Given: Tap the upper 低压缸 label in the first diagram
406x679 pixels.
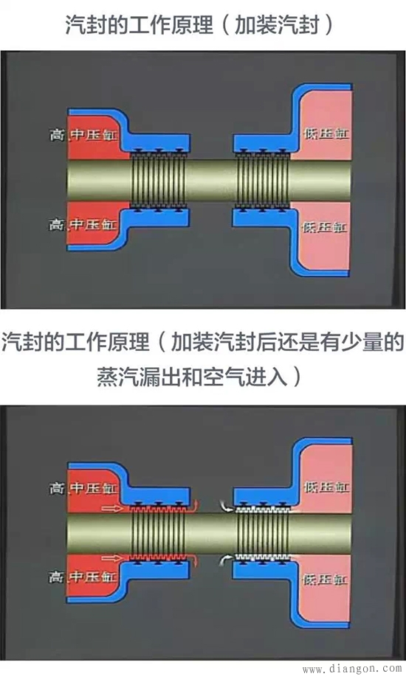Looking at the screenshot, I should pos(322,134).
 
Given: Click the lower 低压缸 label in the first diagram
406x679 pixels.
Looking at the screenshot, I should pos(322,226).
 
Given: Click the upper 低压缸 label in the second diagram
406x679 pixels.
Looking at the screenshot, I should pos(322,487).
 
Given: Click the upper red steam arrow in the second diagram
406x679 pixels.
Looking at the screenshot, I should pos(115,507).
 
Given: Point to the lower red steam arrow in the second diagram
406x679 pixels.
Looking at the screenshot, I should pos(115,558).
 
